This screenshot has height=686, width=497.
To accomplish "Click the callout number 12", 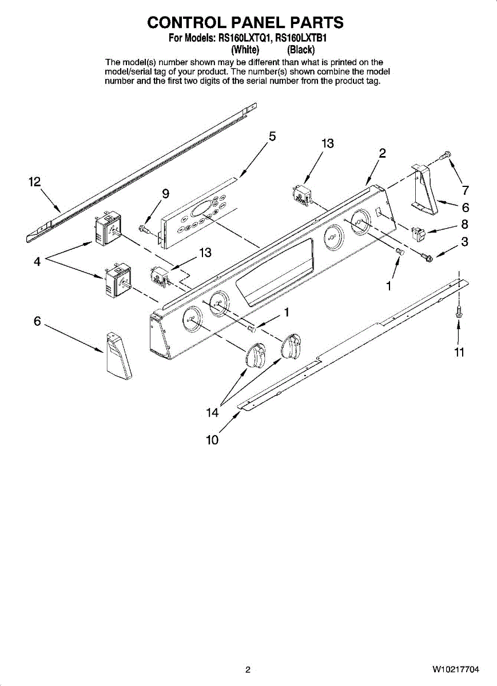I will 35,182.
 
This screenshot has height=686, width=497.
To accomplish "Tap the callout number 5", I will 273,137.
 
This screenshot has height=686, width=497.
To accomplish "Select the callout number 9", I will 165,193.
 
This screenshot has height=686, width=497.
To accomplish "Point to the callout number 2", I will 382,153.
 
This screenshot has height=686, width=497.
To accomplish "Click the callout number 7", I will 466,191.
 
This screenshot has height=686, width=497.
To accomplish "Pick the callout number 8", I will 465,224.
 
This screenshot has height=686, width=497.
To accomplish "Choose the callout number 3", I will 465,242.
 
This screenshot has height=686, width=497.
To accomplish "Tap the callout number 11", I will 459,353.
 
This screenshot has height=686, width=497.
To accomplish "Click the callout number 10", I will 212,440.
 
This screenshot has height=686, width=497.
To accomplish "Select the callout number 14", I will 212,413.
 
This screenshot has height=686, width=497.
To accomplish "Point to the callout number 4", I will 37,262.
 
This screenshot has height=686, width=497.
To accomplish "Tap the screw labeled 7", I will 446,154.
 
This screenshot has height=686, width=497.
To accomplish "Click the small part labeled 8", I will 419,233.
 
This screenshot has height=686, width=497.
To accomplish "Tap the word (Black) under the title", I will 300,50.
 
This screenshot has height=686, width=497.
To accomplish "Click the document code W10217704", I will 456,669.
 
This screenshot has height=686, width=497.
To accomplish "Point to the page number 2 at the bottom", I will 248,669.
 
